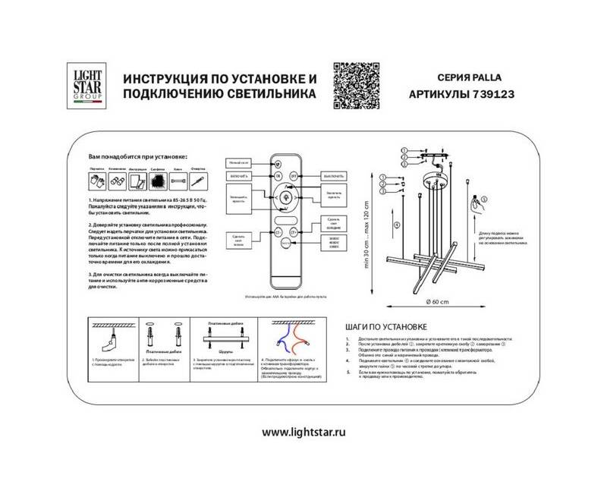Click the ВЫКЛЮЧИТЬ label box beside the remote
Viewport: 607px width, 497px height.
click(x=332, y=175)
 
